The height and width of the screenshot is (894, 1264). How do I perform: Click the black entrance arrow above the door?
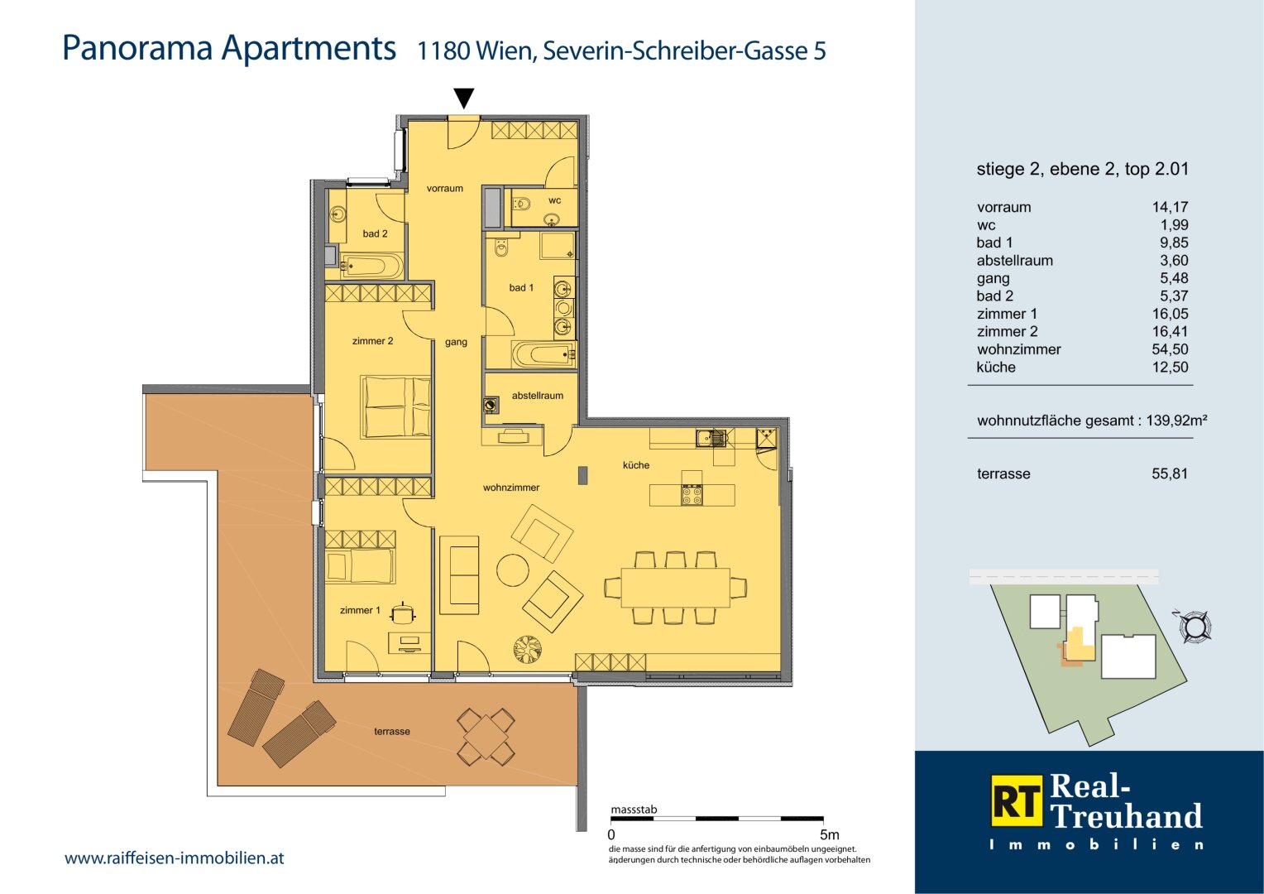point(464,98)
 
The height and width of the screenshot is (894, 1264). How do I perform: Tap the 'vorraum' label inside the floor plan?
point(445,189)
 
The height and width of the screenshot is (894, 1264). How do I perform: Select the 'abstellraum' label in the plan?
point(537,396)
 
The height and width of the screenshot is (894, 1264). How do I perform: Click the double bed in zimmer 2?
point(396,406)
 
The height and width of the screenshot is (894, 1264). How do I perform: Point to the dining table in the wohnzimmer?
point(676,588)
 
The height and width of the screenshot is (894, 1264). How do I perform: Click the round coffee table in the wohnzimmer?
point(513,570)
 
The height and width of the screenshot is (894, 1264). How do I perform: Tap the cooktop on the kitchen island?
point(692,495)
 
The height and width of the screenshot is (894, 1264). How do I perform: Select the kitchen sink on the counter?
point(711,438)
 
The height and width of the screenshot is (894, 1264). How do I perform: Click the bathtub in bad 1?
point(543,354)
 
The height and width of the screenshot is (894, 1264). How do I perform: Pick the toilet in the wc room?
point(521,203)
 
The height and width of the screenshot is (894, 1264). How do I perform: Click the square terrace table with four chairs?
point(486,737)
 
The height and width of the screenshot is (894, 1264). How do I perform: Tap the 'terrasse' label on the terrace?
point(391,732)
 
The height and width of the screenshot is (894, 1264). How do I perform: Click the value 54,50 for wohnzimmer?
point(1170,349)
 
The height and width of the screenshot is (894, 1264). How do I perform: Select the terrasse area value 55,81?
point(1170,473)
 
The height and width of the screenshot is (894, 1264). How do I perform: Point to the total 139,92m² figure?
point(1176,421)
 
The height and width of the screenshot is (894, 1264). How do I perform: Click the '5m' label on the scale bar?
point(829,834)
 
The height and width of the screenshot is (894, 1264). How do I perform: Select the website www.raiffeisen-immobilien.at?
point(175,858)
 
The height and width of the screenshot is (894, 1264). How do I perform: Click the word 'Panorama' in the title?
point(137,48)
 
